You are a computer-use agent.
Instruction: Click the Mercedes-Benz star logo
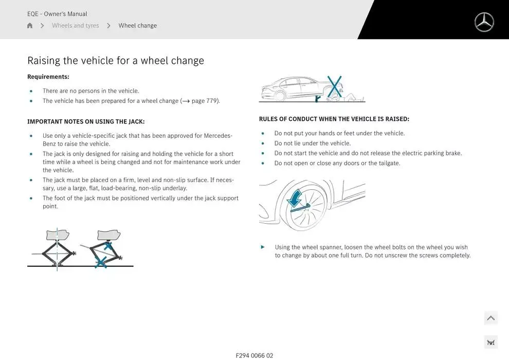pyautogui.click(x=484, y=22)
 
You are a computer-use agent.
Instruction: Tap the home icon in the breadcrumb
pyautogui.click(x=30, y=26)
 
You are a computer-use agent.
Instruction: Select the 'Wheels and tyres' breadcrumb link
pyautogui.click(x=75, y=26)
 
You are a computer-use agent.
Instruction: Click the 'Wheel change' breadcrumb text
pyautogui.click(x=137, y=26)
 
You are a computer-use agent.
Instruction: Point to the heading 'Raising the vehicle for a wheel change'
pyautogui.click(x=116, y=61)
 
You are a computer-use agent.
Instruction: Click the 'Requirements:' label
pyautogui.click(x=48, y=77)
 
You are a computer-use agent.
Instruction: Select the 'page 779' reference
pyautogui.click(x=205, y=101)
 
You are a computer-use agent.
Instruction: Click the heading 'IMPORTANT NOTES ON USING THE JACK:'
pyautogui.click(x=86, y=122)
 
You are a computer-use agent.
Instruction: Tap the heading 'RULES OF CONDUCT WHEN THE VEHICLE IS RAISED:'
pyautogui.click(x=334, y=119)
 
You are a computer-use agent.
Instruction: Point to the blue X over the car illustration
pyautogui.click(x=334, y=86)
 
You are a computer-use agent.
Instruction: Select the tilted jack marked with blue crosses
pyautogui.click(x=105, y=249)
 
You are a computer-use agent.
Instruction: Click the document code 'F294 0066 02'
pyautogui.click(x=254, y=355)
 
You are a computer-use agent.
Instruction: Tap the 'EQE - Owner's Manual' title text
pyautogui.click(x=57, y=14)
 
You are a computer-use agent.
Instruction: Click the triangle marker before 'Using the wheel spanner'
pyautogui.click(x=263, y=247)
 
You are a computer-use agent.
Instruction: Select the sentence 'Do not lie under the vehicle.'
pyautogui.click(x=312, y=143)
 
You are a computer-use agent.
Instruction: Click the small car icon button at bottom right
pyautogui.click(x=490, y=343)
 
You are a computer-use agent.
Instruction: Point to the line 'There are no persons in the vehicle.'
pyautogui.click(x=90, y=91)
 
